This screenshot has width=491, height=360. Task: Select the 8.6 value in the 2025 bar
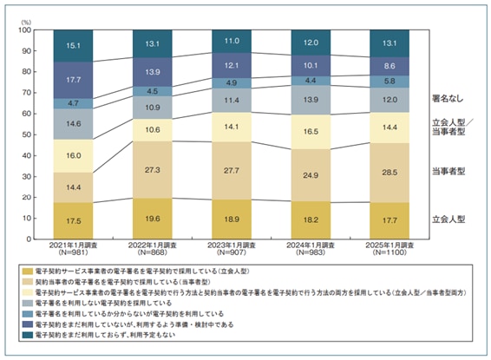389,65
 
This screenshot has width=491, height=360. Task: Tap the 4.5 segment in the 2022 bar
152,90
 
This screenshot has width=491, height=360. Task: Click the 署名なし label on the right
451,98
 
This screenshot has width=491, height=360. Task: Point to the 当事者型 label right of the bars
451,171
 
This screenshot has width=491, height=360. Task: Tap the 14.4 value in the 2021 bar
73,187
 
